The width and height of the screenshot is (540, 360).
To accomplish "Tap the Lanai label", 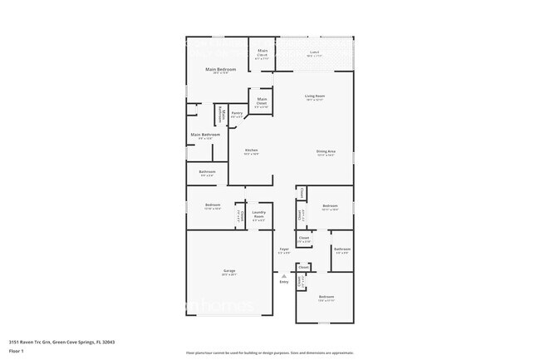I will tap(314, 53).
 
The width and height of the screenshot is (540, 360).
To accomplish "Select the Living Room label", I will tap(314, 97).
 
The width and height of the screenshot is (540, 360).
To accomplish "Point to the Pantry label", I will tap(237, 114).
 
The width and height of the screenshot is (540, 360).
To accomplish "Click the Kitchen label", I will tap(251, 151).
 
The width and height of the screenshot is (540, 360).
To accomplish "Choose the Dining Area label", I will tap(326, 152).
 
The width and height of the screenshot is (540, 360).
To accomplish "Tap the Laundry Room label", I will tap(258, 213).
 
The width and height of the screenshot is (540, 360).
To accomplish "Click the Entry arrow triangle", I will tap(283, 274).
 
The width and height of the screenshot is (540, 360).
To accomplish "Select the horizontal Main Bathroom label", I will tap(205, 136).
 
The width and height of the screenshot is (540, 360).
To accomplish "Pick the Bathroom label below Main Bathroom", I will tap(207, 173).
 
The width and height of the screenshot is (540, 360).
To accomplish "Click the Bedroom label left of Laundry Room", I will tap(213, 206).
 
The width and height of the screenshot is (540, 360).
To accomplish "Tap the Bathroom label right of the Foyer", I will tap(341, 249).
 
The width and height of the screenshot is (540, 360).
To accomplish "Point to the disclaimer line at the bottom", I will tap(269, 353).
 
